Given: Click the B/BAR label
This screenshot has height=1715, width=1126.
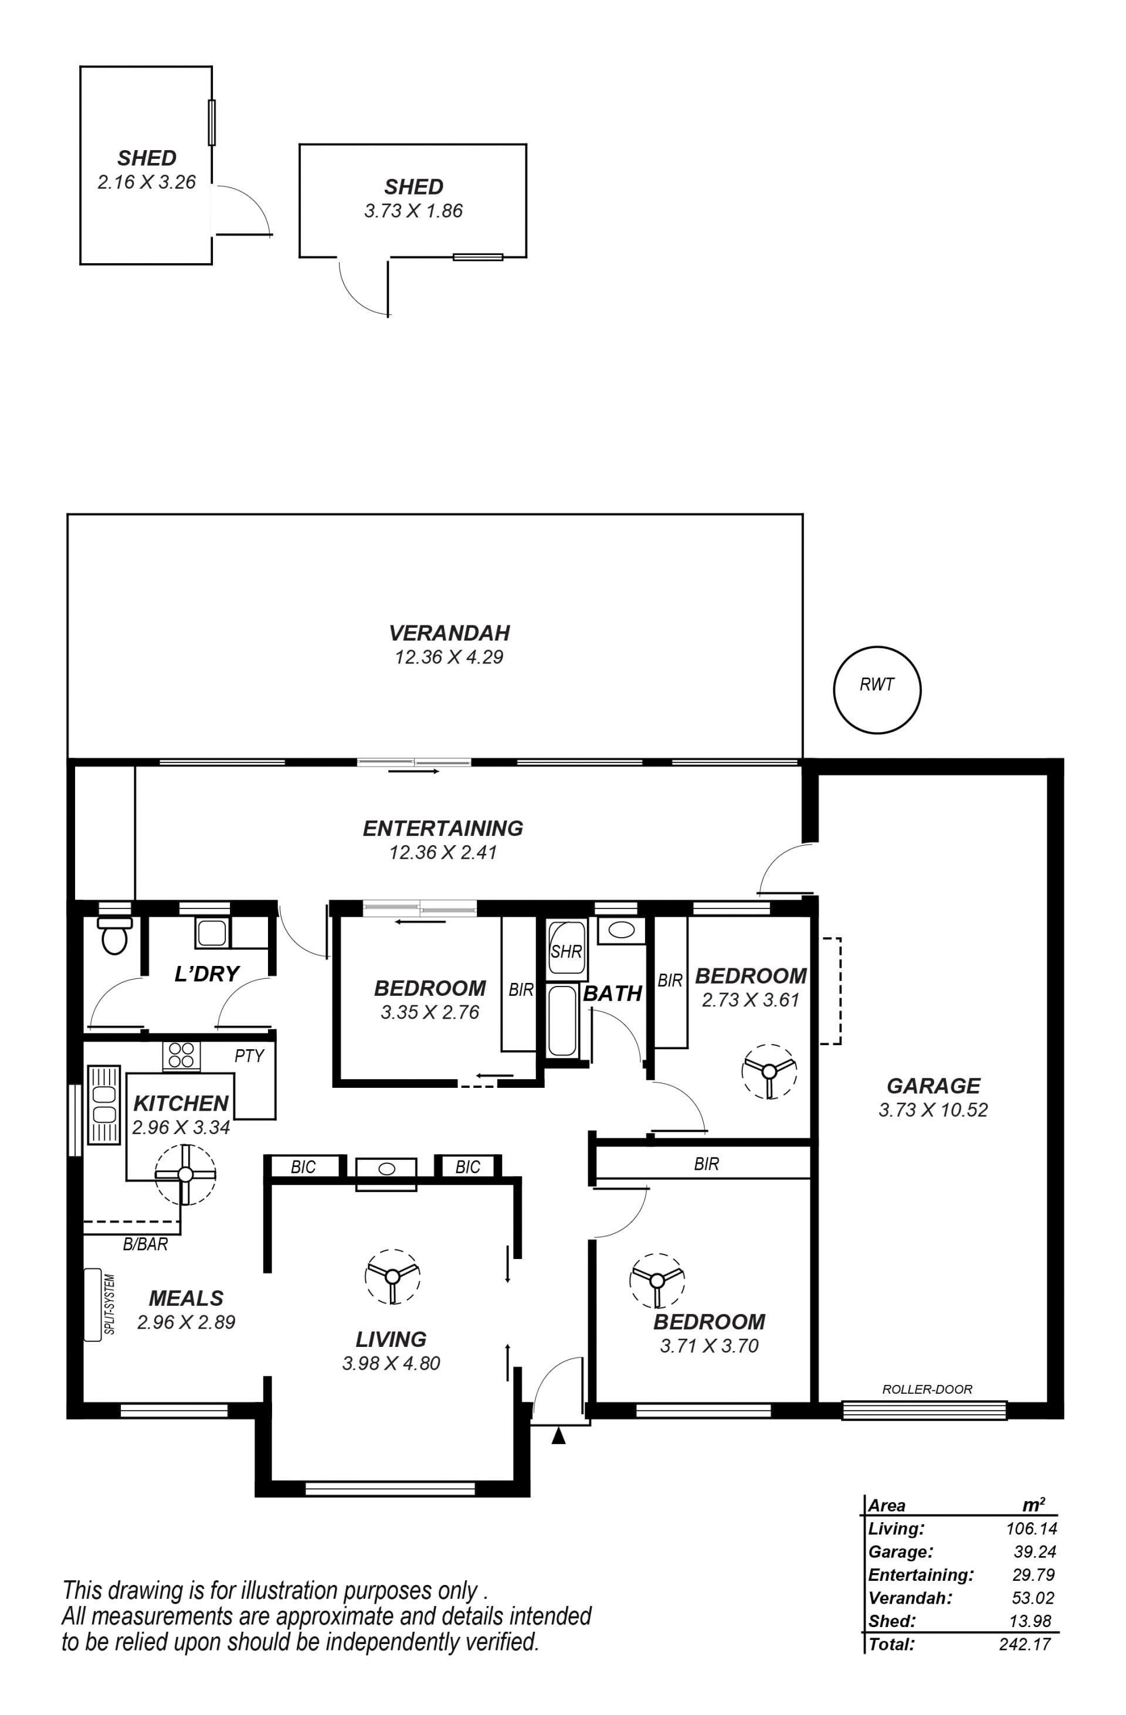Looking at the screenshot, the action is click(145, 1244).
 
